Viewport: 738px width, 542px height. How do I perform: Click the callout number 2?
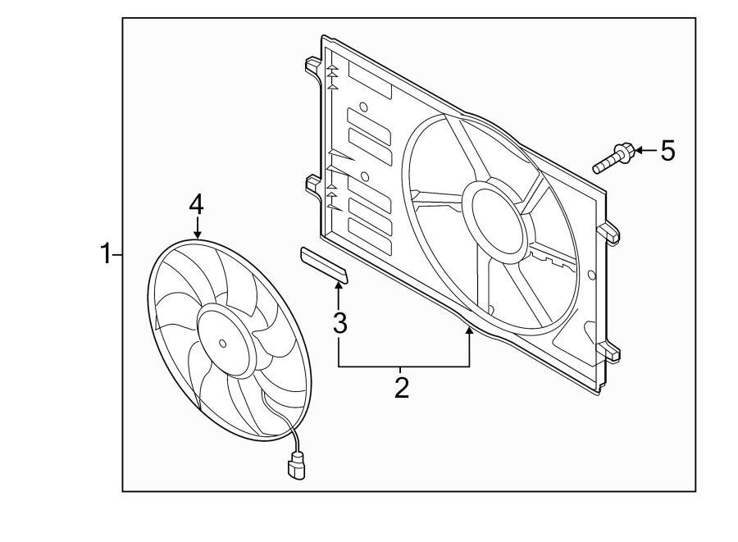[x=401, y=385]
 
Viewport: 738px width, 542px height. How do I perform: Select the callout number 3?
[x=339, y=322]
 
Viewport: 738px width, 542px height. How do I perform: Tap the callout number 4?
[x=196, y=204]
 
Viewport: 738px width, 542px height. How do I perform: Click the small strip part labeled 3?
[x=325, y=266]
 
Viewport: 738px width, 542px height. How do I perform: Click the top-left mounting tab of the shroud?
[x=312, y=65]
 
